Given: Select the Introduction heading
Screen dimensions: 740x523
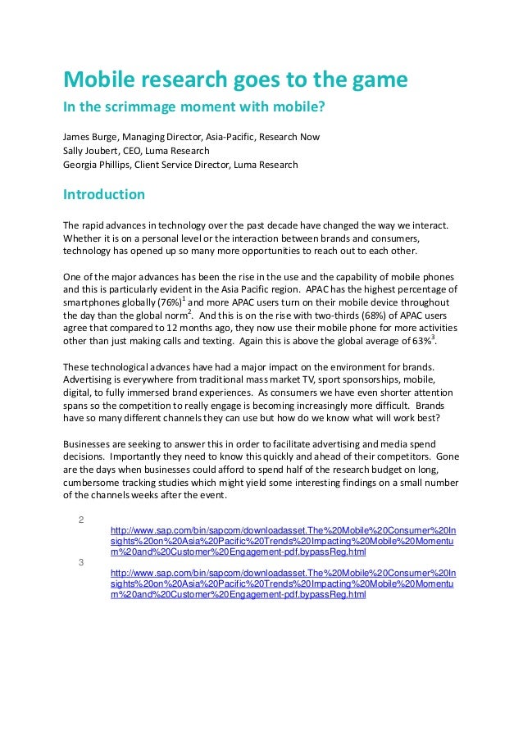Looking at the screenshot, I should click(x=104, y=195).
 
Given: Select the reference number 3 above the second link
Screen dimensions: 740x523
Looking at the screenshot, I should click(x=80, y=562).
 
